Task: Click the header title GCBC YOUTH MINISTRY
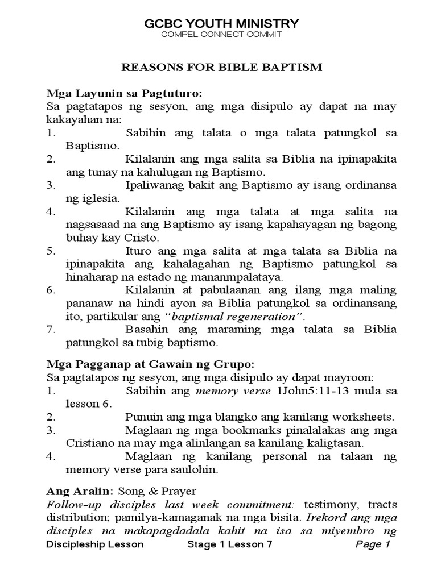(221, 23)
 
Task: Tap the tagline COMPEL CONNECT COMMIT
(221, 35)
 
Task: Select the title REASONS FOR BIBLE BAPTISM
(222, 68)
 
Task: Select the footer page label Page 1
(373, 544)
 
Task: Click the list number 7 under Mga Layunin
(50, 330)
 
